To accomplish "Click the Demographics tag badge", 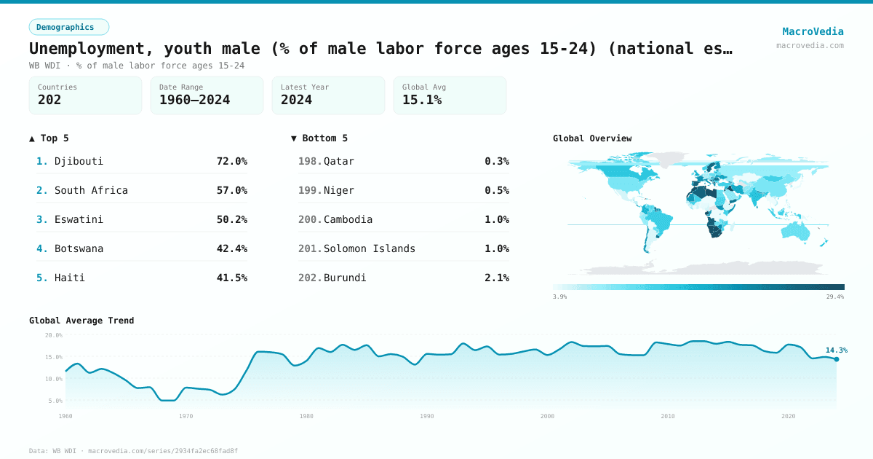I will (69, 27).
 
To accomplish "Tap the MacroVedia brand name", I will (813, 31).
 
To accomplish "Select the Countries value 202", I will (49, 100).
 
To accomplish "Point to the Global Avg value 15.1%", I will (422, 100).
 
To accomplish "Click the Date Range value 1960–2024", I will (194, 100).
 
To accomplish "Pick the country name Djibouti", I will (79, 161).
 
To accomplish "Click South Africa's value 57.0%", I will (231, 190).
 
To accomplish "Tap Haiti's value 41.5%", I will (231, 278).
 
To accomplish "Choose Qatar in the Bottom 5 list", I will (339, 161).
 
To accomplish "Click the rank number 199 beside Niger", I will (309, 190).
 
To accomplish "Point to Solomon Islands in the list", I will (370, 248).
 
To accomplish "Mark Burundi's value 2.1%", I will (497, 278).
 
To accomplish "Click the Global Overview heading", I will (592, 138).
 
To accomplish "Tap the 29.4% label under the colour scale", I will (835, 297).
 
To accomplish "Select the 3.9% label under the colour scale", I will (559, 297).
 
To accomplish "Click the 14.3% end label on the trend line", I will (836, 350).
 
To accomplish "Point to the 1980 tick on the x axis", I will (306, 416).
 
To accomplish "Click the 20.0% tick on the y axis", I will (54, 335).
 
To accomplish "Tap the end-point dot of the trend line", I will (837, 359).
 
